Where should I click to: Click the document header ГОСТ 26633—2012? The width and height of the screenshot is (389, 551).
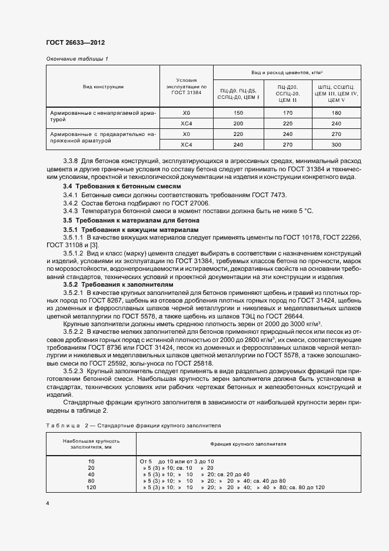pyautogui.click(x=75, y=43)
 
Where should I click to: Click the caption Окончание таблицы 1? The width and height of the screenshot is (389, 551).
pyautogui.click(x=77, y=58)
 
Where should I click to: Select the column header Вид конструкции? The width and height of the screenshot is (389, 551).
pyautogui.click(x=103, y=87)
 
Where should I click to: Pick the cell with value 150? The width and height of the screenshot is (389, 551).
pyautogui.click(x=238, y=112)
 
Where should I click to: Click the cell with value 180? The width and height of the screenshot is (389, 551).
pyautogui.click(x=336, y=112)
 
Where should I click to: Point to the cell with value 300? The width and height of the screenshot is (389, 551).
pyautogui.click(x=336, y=144)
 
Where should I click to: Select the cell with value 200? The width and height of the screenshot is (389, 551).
pyautogui.click(x=238, y=123)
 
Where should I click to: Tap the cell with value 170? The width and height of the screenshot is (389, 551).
pyautogui.click(x=287, y=112)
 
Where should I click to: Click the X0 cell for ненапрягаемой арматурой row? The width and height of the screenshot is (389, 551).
pyautogui.click(x=187, y=112)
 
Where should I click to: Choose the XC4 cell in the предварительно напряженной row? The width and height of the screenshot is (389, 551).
pyautogui.click(x=187, y=144)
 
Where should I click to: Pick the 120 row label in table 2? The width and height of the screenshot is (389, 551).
pyautogui.click(x=91, y=487)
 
